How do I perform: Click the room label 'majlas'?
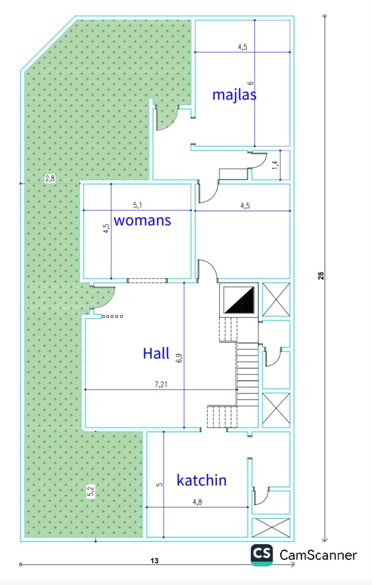(234, 95)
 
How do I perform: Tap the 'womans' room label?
(143, 220)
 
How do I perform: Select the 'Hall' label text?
(156, 353)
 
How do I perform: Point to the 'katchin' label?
(202, 480)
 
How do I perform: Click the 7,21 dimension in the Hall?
(161, 384)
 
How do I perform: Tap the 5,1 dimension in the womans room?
(137, 205)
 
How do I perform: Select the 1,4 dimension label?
(275, 165)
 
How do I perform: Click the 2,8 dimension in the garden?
(50, 178)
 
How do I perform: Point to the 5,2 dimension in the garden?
(90, 492)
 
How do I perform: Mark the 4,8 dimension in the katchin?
(197, 502)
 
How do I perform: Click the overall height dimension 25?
(321, 276)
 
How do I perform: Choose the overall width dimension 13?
(154, 561)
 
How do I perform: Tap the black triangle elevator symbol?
(240, 300)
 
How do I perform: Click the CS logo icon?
(262, 555)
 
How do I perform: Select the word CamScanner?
(318, 555)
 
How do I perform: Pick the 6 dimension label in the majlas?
(250, 83)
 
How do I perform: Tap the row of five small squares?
(112, 316)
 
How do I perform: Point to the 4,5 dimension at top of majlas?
(243, 47)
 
